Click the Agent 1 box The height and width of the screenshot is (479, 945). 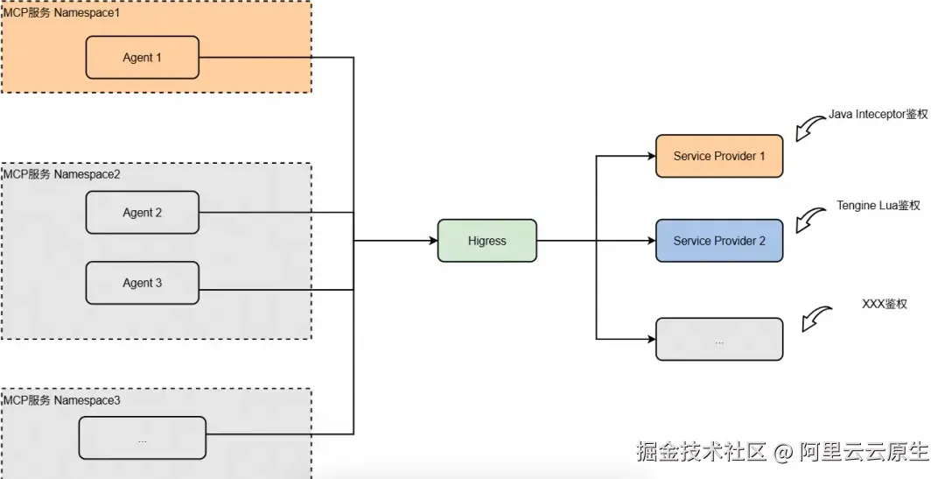pos(142,58)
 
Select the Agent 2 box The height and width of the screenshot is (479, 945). pos(142,213)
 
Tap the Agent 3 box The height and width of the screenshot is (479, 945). pos(142,283)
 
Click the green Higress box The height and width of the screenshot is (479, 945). pos(486,241)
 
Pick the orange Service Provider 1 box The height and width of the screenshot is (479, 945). pos(719,157)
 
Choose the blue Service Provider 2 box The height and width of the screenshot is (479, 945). pos(719,241)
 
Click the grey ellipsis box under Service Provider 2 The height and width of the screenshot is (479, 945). pos(719,340)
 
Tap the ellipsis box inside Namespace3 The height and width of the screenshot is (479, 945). pos(142,438)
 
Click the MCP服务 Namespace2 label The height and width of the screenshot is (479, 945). pos(61,174)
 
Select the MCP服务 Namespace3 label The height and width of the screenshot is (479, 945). pos(61,401)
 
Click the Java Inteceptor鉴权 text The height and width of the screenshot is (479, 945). pos(878,115)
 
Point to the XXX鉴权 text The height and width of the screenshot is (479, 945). pos(884,304)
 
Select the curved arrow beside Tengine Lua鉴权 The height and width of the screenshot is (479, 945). pos(810,219)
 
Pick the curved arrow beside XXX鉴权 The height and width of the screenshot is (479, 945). pos(815,318)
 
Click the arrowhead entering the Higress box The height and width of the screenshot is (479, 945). pos(431,241)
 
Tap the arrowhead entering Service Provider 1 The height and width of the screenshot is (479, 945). pos(650,157)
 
